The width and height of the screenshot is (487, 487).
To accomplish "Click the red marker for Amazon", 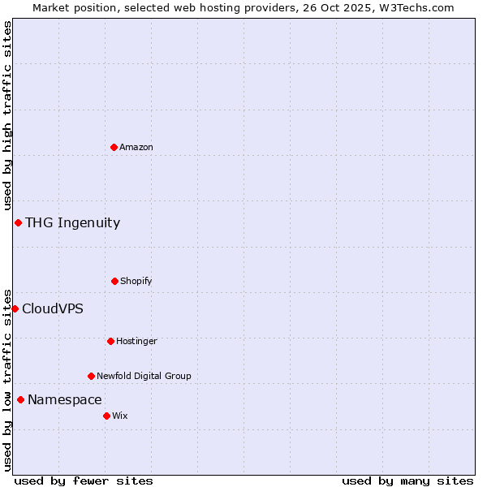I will (x=114, y=147).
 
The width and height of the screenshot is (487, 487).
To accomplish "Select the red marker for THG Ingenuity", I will (x=18, y=222).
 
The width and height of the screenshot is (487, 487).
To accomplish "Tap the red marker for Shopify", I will (x=114, y=281).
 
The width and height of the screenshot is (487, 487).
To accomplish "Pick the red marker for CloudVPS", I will (x=15, y=308).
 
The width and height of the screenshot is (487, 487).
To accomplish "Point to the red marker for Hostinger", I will (x=110, y=341).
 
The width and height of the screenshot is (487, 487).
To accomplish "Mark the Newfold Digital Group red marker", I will (x=91, y=376).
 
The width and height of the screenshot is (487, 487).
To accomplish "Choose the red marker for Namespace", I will (x=20, y=399).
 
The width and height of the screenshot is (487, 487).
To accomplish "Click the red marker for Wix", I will (x=106, y=416).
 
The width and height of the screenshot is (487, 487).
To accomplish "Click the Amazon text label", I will (x=136, y=147).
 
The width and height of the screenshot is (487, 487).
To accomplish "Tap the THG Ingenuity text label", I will (x=72, y=222).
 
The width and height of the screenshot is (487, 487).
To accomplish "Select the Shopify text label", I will (x=136, y=281).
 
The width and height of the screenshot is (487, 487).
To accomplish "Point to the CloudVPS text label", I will (x=52, y=308).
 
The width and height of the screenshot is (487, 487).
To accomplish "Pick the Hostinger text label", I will (x=136, y=341).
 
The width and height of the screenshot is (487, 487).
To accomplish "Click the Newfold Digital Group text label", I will (x=144, y=376).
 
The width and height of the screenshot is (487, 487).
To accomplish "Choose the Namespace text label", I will (x=64, y=399).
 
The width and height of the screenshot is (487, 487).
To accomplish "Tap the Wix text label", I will (x=120, y=416).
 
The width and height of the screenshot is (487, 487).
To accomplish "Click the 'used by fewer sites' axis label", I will (x=84, y=481).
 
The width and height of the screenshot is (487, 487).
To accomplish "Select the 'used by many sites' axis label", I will (x=407, y=481).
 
